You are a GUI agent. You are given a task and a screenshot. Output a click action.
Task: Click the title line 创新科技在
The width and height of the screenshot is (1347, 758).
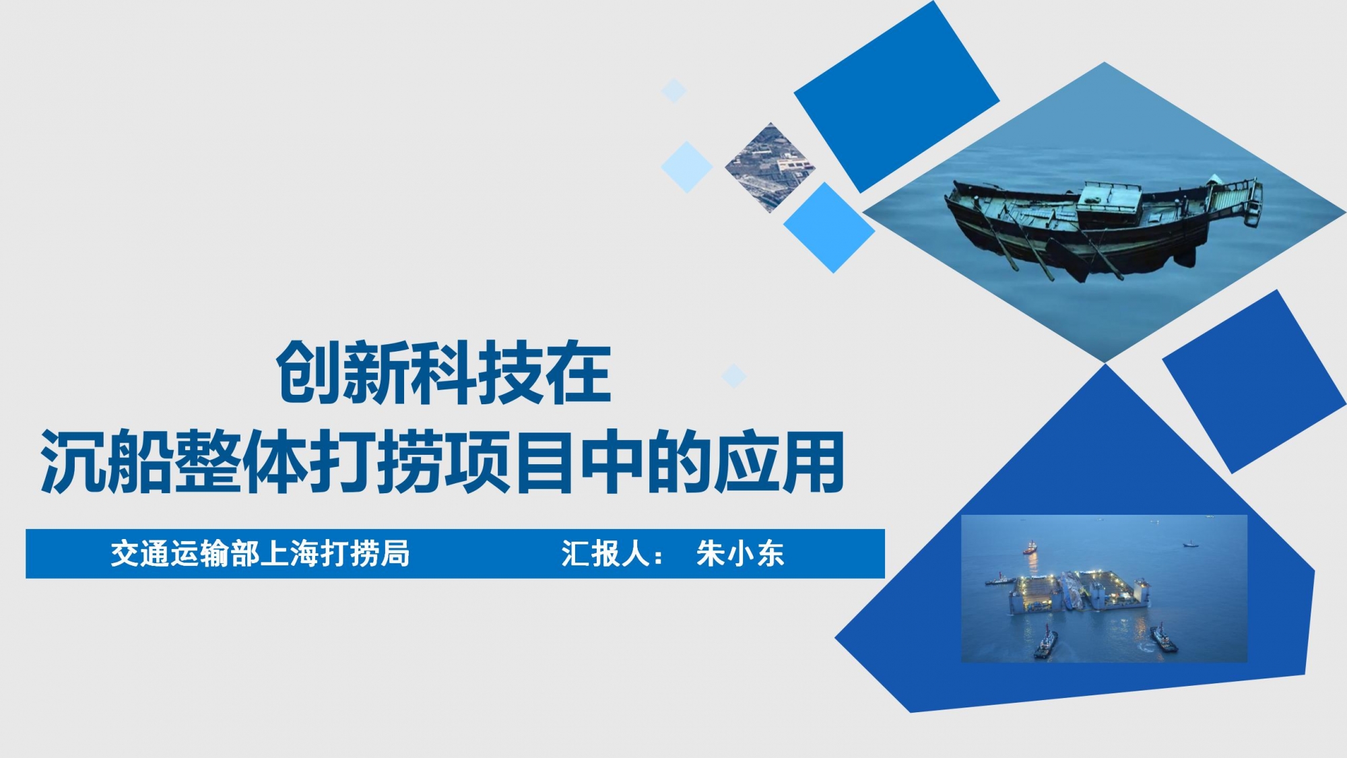[x=444, y=373]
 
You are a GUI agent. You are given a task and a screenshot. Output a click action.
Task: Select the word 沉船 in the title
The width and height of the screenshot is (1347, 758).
[x=106, y=462]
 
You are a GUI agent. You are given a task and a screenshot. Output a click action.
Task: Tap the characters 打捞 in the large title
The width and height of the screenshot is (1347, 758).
[x=376, y=462]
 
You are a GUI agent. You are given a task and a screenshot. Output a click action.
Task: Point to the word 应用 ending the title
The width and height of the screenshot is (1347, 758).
[x=779, y=462]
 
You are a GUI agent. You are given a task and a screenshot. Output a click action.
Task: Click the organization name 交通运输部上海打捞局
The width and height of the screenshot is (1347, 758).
[x=260, y=554]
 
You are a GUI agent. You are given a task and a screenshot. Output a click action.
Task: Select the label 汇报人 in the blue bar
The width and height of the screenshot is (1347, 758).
[x=605, y=554]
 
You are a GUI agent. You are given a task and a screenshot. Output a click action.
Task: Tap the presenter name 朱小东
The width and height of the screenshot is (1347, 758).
[x=740, y=554]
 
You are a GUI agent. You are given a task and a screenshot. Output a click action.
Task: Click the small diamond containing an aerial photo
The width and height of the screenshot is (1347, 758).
[x=770, y=168]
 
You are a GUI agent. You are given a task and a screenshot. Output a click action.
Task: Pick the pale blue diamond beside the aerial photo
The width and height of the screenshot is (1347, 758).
[x=687, y=166]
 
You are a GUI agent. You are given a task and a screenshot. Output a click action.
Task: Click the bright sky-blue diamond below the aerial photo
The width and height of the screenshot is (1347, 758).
[x=829, y=228]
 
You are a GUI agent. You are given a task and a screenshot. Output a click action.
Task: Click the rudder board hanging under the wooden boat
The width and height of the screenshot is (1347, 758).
[x=1067, y=260]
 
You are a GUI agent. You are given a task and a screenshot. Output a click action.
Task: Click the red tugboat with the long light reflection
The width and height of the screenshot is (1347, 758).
[x=1029, y=548]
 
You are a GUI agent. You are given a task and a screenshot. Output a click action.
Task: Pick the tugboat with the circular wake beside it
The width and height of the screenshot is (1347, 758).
[x=1163, y=637]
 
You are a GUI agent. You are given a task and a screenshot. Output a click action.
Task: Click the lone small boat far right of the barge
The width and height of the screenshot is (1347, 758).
[x=1191, y=544]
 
